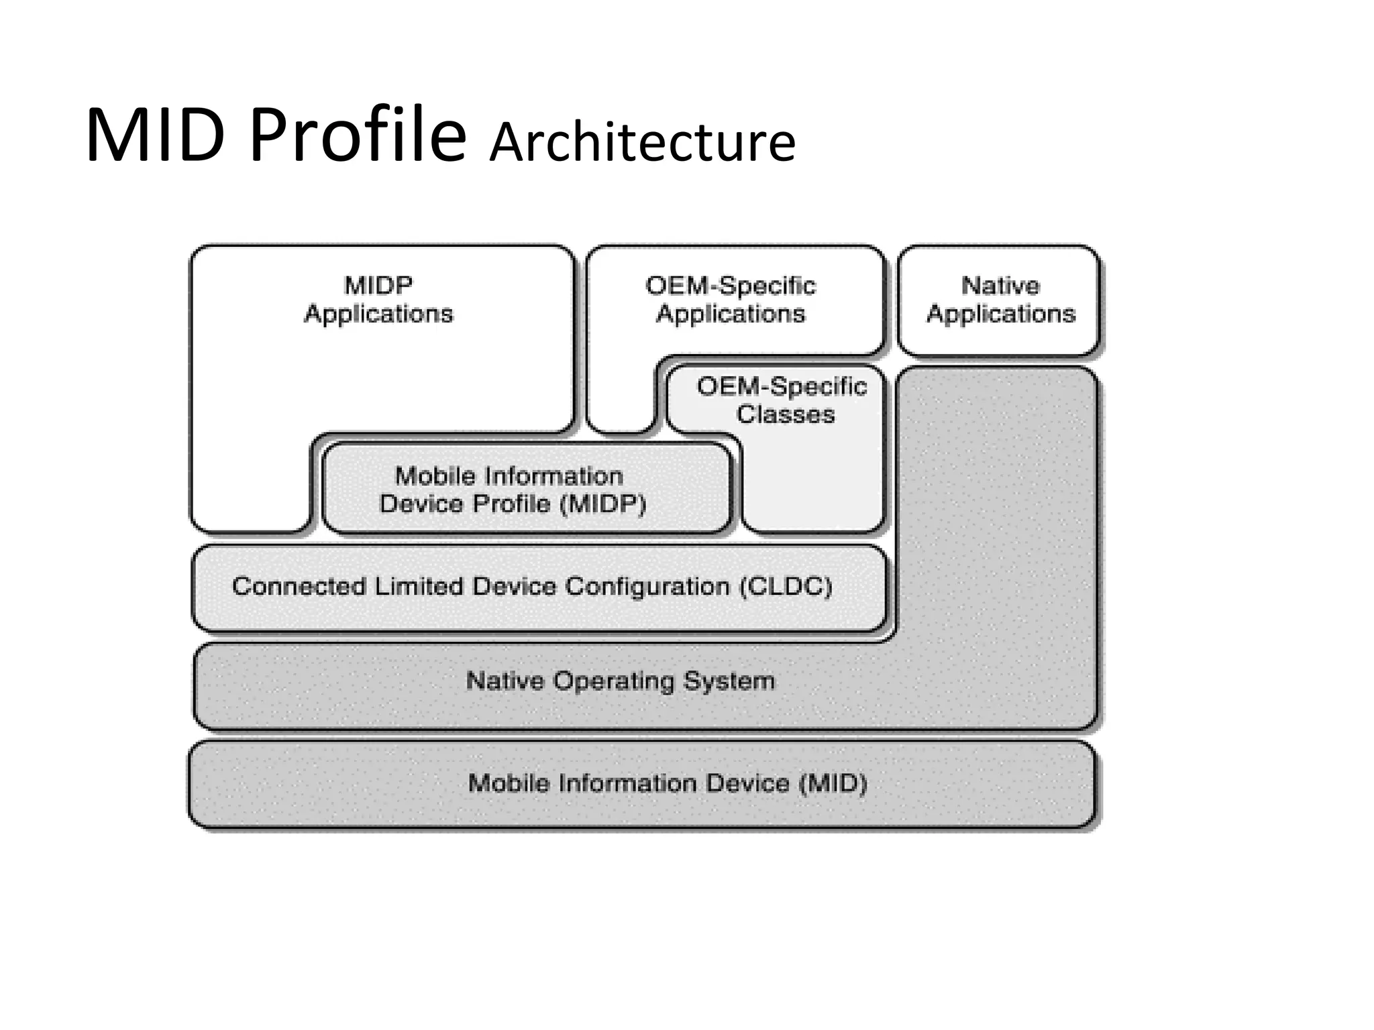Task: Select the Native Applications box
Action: point(999,300)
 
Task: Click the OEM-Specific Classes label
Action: point(782,400)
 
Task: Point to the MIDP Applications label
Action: point(378,300)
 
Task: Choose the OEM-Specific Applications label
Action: point(731,300)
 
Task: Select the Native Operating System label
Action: point(621,681)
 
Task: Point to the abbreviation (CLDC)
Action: point(786,587)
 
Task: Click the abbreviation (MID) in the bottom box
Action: point(833,783)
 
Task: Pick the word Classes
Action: point(786,414)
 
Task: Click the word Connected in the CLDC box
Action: point(299,587)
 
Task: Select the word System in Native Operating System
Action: point(729,681)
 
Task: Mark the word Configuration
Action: point(647,587)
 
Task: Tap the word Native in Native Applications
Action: point(1000,286)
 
